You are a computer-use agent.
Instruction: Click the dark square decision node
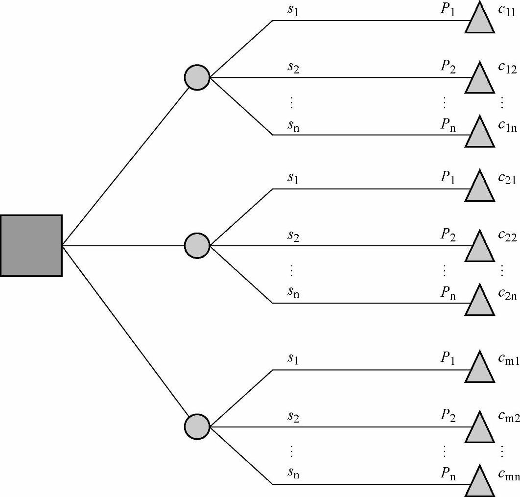pos(31,245)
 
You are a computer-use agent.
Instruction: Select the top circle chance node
pos(197,77)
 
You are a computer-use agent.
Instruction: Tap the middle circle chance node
pos(197,245)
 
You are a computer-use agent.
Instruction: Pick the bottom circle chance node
pos(197,426)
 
